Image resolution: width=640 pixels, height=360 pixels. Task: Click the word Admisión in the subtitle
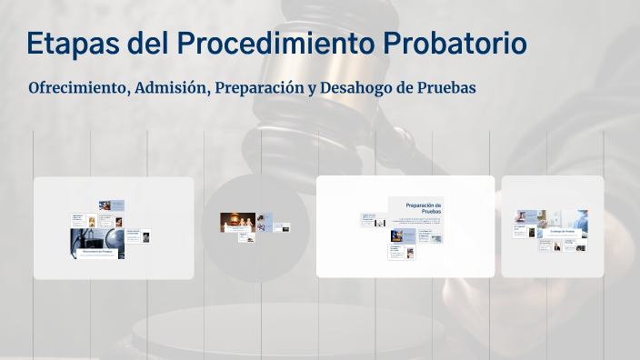(x=169, y=88)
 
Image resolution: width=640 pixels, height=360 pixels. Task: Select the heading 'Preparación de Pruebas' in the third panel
(x=425, y=208)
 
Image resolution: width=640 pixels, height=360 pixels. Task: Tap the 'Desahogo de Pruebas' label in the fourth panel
(x=562, y=231)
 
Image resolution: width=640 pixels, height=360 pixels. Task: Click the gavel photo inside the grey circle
(x=236, y=221)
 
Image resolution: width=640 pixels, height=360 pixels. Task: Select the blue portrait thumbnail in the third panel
(x=398, y=235)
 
